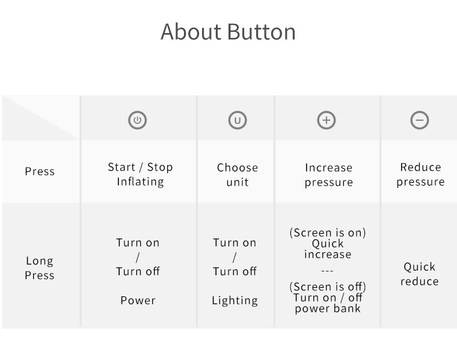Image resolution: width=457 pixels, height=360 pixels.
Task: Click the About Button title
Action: (228, 31)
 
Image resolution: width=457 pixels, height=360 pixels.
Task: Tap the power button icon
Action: (137, 120)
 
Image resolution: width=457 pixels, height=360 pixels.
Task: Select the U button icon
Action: (238, 120)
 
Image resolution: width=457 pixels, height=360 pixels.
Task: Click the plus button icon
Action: (327, 120)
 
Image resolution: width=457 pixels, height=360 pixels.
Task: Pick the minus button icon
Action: (420, 120)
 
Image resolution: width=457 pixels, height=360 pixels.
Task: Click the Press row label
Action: (40, 171)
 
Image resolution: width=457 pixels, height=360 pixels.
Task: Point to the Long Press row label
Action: (39, 267)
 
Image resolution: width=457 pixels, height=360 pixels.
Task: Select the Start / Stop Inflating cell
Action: (140, 174)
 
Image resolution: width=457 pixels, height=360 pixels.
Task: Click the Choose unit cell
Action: (238, 175)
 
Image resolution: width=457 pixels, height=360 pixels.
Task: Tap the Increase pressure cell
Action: (329, 175)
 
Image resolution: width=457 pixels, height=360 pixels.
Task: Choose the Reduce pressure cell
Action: (420, 174)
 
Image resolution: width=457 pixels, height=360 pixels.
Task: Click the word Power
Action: (138, 301)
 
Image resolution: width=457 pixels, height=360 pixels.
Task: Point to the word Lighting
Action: (235, 301)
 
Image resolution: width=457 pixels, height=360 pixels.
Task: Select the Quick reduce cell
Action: (419, 274)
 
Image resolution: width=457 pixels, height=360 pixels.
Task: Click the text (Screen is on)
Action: (328, 233)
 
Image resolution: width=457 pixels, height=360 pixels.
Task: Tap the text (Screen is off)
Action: (328, 287)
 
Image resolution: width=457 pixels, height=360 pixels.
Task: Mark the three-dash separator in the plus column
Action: (327, 271)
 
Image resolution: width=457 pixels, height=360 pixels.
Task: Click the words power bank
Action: (328, 308)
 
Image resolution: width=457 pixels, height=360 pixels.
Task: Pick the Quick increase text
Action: (328, 249)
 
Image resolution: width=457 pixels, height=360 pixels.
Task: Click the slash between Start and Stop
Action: (141, 168)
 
